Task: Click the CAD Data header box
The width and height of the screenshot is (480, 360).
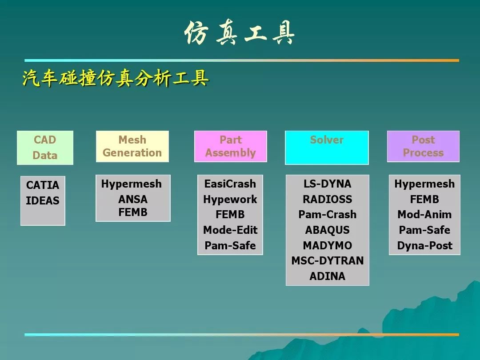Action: tap(45, 148)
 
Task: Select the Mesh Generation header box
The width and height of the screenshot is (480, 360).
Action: tap(132, 146)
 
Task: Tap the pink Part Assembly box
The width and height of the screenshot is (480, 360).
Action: tap(231, 146)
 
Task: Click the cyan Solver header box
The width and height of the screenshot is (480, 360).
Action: tap(327, 148)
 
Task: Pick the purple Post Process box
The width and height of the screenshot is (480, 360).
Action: tap(423, 146)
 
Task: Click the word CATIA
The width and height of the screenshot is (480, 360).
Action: tap(43, 185)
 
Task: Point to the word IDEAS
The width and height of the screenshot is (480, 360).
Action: tap(43, 200)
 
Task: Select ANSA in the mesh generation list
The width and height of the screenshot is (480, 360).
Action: tap(133, 199)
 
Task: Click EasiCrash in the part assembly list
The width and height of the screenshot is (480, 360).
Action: tap(230, 184)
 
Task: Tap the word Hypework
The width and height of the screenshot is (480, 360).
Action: tap(230, 199)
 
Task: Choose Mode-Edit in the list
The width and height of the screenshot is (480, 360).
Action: tap(230, 230)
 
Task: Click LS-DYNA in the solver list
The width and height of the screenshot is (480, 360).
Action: tap(327, 184)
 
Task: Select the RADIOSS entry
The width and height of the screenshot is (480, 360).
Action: tap(327, 199)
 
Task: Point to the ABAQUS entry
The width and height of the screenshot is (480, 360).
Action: tap(327, 230)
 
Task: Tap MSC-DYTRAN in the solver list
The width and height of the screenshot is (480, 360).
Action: tap(327, 260)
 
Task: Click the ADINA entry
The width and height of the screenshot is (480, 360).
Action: tap(327, 276)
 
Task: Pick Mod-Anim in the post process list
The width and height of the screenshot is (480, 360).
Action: tap(424, 214)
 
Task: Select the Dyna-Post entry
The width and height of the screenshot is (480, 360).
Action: tap(424, 245)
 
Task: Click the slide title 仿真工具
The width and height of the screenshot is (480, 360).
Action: tap(239, 33)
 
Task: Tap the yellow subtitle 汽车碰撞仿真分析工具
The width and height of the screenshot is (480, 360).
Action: tap(116, 78)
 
